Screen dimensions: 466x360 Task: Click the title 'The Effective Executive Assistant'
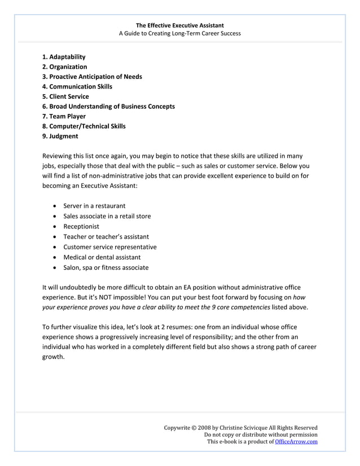pos(179,25)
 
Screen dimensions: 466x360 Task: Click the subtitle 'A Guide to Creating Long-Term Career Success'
pos(179,33)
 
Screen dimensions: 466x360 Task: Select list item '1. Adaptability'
pos(64,57)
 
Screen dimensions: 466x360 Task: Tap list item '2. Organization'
pos(64,67)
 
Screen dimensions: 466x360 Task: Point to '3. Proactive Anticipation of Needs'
pos(92,77)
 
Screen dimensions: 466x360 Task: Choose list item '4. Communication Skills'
pos(77,86)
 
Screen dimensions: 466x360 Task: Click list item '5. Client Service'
pos(65,96)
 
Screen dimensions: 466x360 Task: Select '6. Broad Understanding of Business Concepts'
pos(108,106)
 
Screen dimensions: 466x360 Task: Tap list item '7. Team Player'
pos(64,116)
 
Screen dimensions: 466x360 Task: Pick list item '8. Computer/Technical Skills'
pos(84,126)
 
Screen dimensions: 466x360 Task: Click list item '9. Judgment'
pos(60,136)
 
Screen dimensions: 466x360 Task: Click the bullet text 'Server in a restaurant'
pos(94,206)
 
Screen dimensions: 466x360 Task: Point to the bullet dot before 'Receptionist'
pos(54,227)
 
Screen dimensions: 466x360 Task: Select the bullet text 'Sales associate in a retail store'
pos(107,216)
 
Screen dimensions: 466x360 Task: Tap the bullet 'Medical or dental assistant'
pos(102,257)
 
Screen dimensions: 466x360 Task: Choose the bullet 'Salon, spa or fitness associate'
pos(106,267)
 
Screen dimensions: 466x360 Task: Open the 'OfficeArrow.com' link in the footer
pos(296,442)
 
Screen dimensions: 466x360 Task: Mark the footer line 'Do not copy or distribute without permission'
pos(260,435)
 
